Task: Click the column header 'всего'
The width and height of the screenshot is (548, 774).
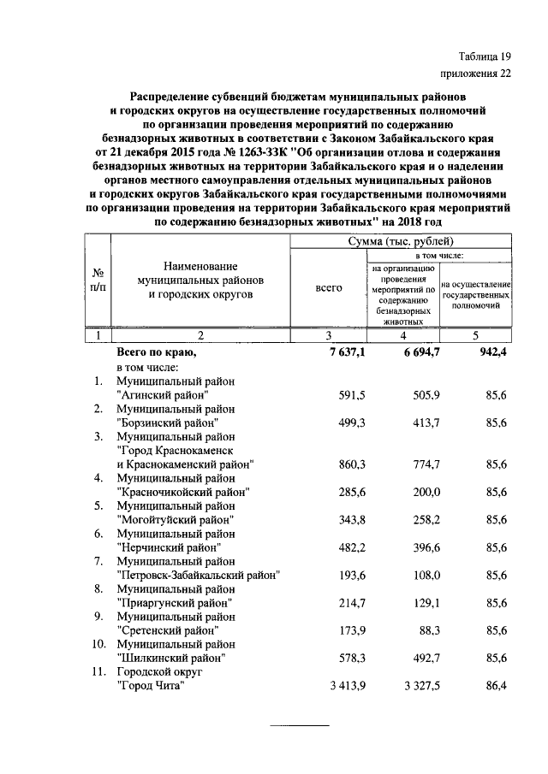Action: coord(329,288)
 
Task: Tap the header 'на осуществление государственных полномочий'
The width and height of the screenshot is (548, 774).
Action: coord(476,293)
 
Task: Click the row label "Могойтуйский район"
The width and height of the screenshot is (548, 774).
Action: coord(175,519)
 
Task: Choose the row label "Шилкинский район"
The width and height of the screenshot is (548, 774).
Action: coord(171,658)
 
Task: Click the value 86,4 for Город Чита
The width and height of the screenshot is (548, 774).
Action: coord(491,686)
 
